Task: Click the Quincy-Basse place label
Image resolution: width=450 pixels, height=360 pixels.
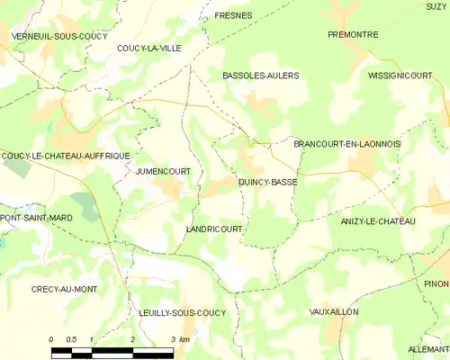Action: pos(267,182)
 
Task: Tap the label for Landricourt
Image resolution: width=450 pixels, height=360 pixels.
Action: pos(213,229)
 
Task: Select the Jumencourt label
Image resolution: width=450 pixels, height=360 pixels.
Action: pos(163,170)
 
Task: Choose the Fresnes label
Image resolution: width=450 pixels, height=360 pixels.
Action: pos(233,16)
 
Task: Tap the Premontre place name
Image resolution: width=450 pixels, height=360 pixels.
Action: pos(353,34)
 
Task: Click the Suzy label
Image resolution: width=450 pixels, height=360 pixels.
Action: pos(436,6)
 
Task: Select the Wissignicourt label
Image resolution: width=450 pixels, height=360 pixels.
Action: pos(407,76)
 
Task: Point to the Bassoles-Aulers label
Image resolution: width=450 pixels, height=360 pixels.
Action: pos(260,76)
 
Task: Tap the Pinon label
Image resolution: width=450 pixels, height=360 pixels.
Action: pos(436,283)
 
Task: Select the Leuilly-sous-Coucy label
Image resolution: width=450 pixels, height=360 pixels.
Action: pos(183,312)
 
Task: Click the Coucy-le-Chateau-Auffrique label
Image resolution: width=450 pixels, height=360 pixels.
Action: pos(67,156)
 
